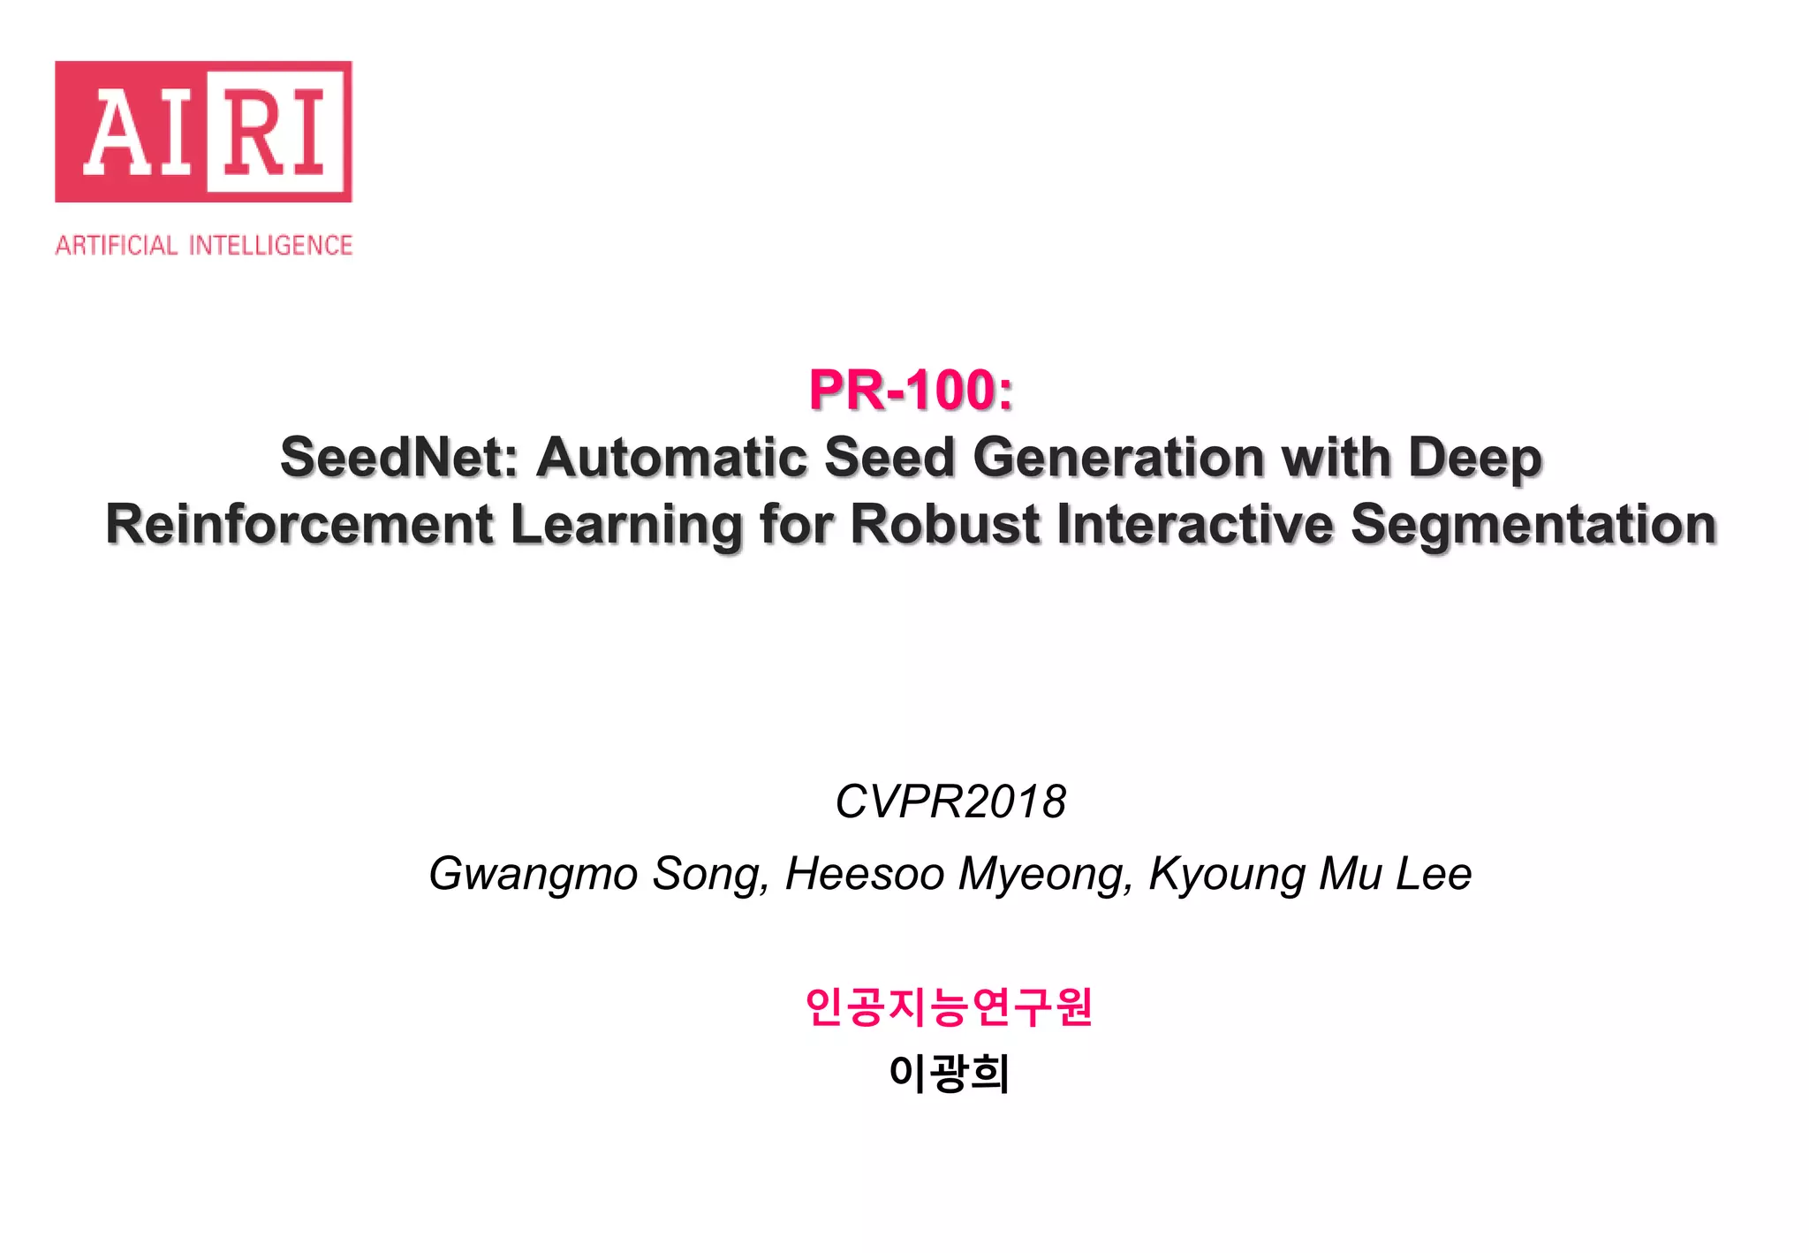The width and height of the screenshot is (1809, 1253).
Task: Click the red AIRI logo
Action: [x=203, y=132]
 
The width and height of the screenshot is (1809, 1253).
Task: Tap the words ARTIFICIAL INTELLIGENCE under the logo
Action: [x=203, y=245]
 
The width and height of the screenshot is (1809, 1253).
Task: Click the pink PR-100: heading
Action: [x=911, y=390]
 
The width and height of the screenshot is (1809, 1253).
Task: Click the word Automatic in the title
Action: [x=672, y=458]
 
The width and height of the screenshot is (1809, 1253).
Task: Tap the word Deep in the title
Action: [x=1474, y=458]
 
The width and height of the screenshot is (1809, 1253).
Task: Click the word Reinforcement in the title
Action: [x=299, y=525]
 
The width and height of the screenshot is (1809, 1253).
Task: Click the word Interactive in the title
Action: [x=1194, y=525]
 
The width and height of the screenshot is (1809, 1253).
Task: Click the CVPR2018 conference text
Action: [x=950, y=801]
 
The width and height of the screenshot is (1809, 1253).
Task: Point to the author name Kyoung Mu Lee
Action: [x=1310, y=874]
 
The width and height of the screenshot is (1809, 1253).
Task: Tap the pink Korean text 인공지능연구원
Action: [x=950, y=1006]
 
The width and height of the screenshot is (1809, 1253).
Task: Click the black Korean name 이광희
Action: [x=950, y=1073]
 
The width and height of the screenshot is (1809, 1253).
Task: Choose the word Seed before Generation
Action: [x=890, y=458]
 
